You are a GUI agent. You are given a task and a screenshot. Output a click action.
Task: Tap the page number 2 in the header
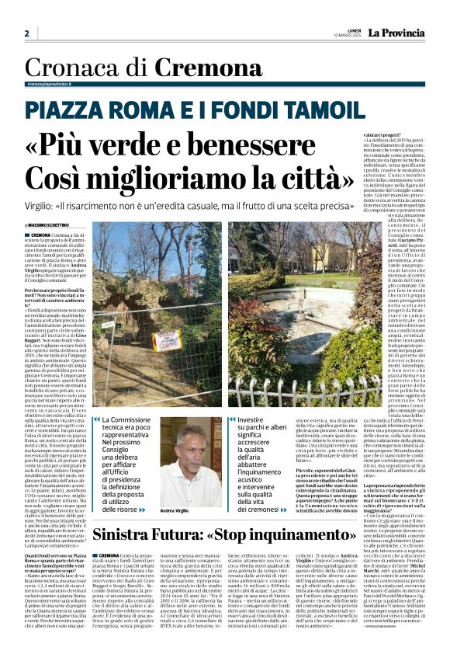tap(27, 33)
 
